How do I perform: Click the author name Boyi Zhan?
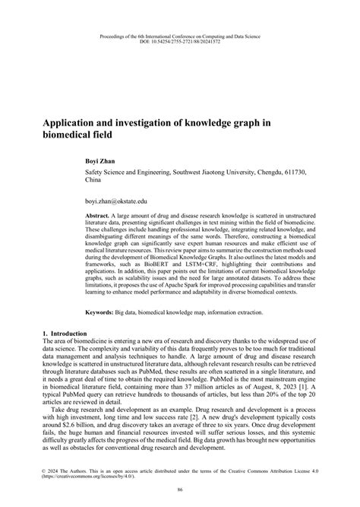tap(103, 161)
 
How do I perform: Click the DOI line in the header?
tap(179, 43)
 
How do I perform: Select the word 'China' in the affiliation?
tap(93, 183)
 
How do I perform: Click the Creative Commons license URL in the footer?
tap(93, 477)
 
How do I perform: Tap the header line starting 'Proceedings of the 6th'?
tap(179, 36)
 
